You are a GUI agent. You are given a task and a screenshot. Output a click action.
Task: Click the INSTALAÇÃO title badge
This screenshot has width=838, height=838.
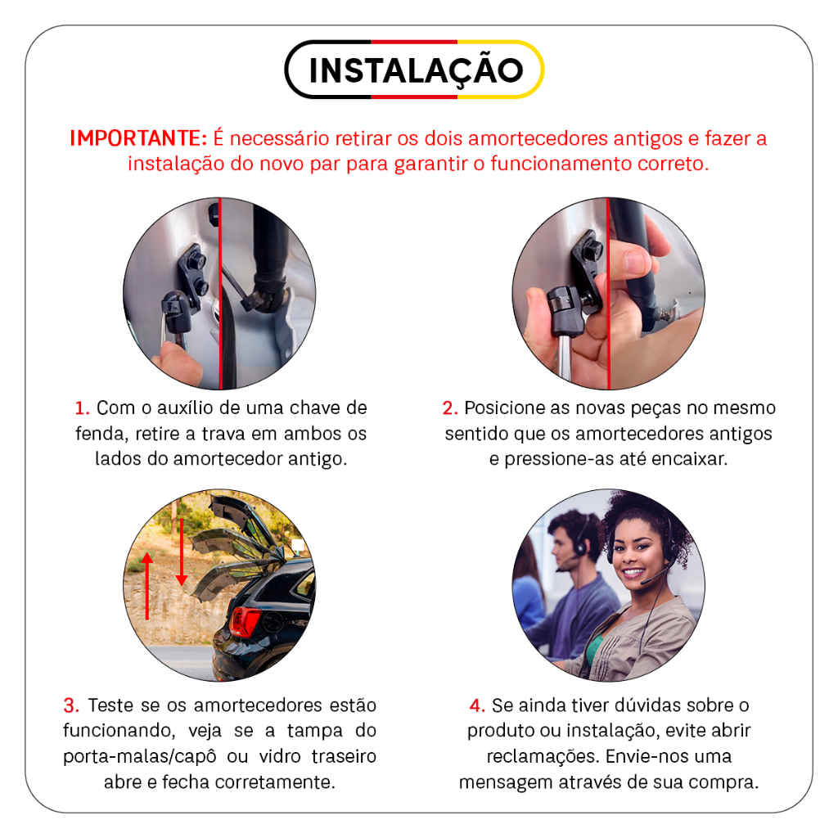pyautogui.click(x=414, y=70)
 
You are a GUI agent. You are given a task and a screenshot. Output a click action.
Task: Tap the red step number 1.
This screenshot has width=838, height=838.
pyautogui.click(x=82, y=408)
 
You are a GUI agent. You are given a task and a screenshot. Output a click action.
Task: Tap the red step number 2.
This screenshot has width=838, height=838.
pyautogui.click(x=450, y=408)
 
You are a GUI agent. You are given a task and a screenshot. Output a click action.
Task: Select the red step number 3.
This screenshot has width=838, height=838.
pyautogui.click(x=71, y=705)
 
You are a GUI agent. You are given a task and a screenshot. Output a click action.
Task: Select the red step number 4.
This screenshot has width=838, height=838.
pyautogui.click(x=477, y=705)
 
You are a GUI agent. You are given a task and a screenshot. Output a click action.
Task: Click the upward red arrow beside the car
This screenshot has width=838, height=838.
pyautogui.click(x=147, y=586)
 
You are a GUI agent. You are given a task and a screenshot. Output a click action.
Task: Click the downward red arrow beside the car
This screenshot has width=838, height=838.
pyautogui.click(x=182, y=552)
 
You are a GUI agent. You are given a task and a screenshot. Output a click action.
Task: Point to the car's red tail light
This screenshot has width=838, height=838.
pyautogui.click(x=244, y=622)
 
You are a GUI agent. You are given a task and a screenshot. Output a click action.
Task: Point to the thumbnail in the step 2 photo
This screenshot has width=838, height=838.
pyautogui.click(x=636, y=262)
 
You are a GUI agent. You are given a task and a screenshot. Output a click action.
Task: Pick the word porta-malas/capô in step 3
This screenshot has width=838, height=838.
pyautogui.click(x=139, y=757)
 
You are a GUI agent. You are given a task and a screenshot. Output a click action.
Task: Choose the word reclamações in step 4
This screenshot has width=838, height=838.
pyautogui.click(x=543, y=757)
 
